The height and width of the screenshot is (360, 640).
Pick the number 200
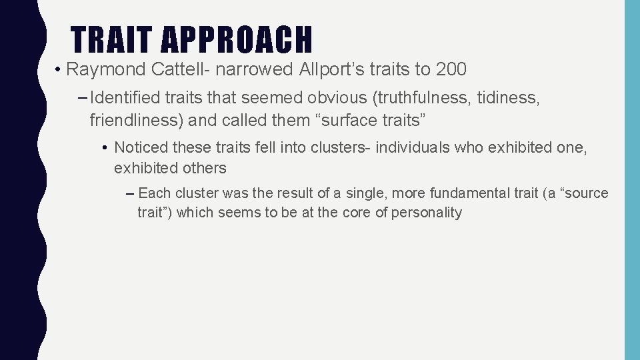click(451, 69)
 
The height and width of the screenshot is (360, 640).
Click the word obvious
click(336, 99)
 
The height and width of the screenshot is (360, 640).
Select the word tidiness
click(509, 99)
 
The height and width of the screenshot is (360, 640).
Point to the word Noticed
click(140, 147)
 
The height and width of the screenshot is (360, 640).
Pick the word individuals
click(413, 147)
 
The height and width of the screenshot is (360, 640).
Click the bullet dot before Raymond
click(59, 69)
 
